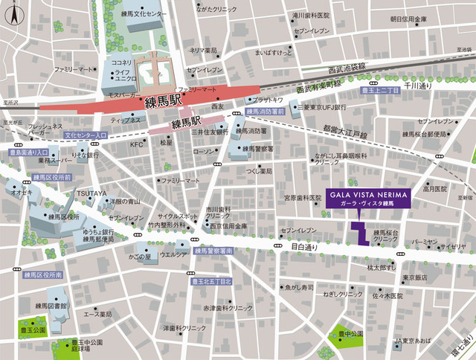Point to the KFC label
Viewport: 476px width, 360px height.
pyautogui.click(x=136, y=145)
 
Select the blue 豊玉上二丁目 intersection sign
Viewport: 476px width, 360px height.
pyautogui.click(x=382, y=89)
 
